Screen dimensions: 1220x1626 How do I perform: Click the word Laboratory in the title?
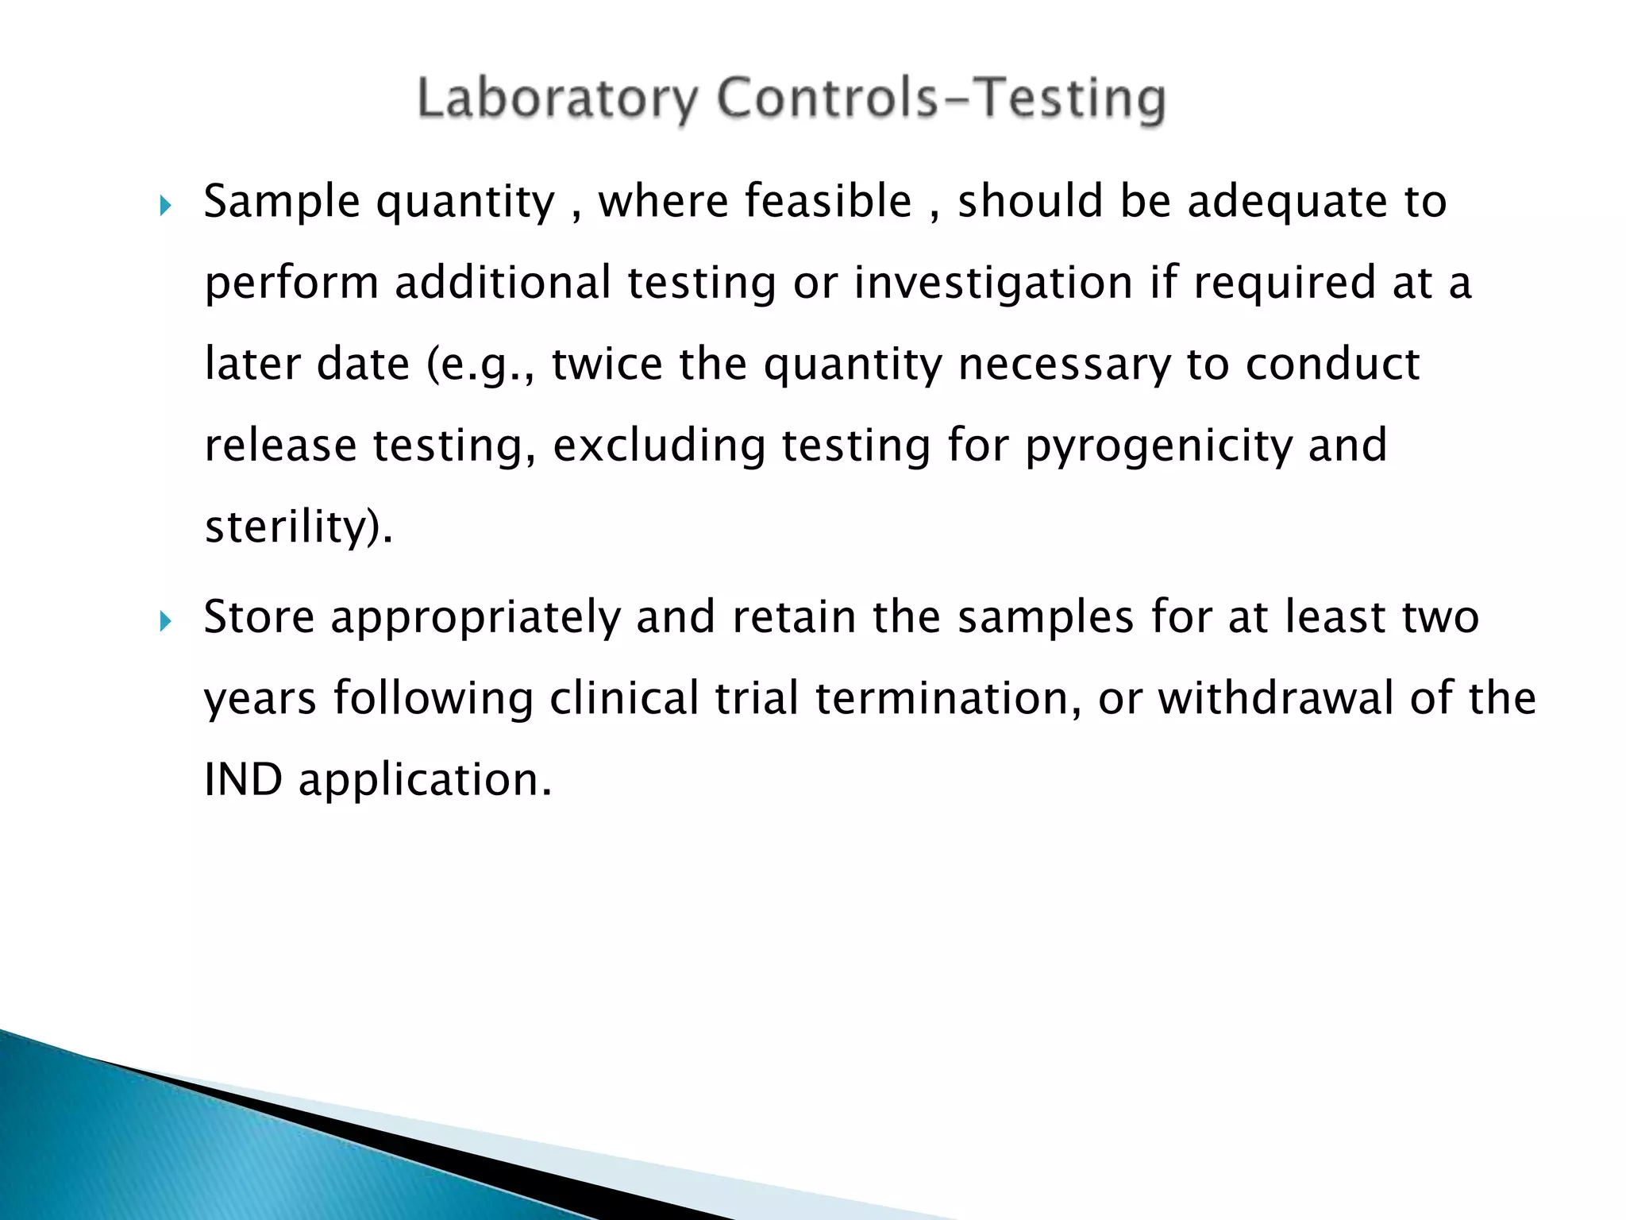click(557, 99)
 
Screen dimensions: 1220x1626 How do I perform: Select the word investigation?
click(993, 283)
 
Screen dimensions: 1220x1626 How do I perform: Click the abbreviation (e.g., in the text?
click(481, 365)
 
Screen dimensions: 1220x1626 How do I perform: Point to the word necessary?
click(1064, 365)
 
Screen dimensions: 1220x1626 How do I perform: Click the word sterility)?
click(299, 527)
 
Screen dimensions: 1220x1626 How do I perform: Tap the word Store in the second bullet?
click(259, 617)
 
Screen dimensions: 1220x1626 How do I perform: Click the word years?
click(260, 699)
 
